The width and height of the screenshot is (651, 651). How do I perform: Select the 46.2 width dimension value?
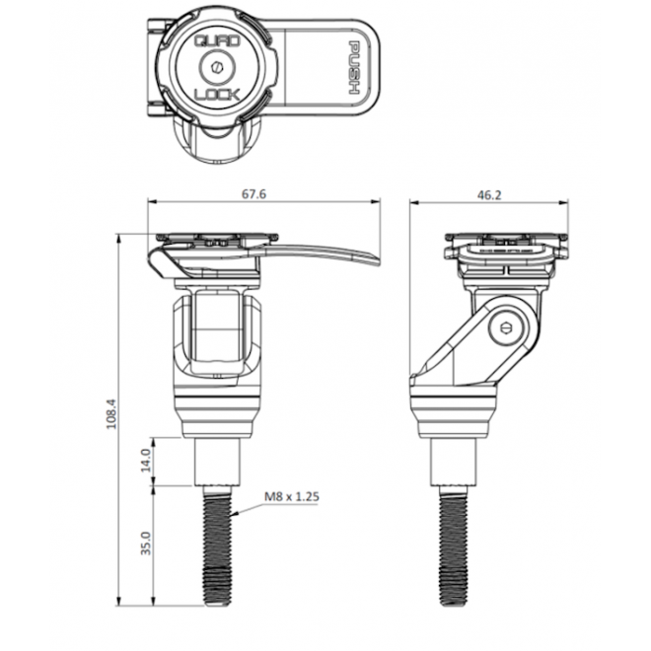(488, 194)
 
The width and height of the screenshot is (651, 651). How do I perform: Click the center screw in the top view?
(215, 69)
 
